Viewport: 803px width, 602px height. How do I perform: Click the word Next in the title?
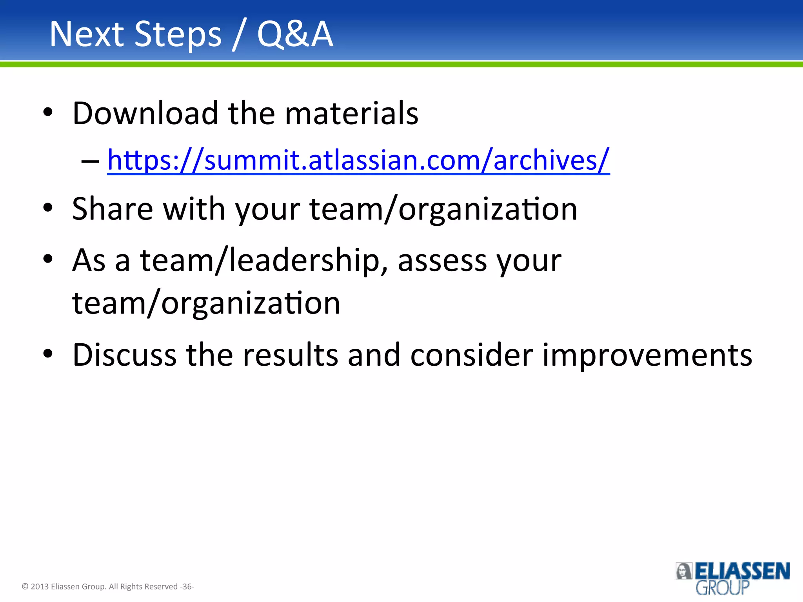pyautogui.click(x=87, y=34)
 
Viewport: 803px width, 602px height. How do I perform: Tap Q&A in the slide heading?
pyautogui.click(x=295, y=34)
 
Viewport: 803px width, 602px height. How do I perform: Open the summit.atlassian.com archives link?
pyautogui.click(x=358, y=161)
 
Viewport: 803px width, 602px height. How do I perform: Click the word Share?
pyautogui.click(x=113, y=209)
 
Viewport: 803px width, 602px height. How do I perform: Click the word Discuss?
pyautogui.click(x=124, y=355)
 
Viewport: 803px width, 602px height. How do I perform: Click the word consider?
pyautogui.click(x=471, y=355)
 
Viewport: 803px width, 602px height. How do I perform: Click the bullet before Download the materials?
pyautogui.click(x=48, y=113)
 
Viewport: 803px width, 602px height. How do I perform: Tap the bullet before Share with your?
pyautogui.click(x=48, y=208)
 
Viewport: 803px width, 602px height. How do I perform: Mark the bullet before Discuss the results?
pyautogui.click(x=48, y=354)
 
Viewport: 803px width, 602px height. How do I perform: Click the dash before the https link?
pyautogui.click(x=90, y=161)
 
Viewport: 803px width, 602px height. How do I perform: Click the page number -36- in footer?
pyautogui.click(x=187, y=587)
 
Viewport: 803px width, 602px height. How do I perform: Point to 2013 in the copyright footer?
pyautogui.click(x=40, y=587)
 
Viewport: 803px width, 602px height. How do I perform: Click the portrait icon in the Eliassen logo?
pyautogui.click(x=684, y=571)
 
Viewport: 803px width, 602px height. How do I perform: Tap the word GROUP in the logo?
pyautogui.click(x=722, y=587)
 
